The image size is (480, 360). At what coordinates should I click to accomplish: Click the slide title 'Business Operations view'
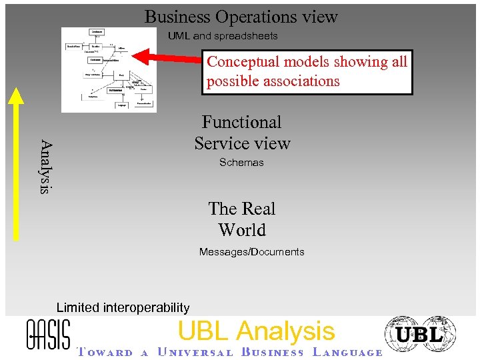click(x=241, y=17)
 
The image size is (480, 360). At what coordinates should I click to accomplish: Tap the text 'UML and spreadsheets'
click(x=223, y=35)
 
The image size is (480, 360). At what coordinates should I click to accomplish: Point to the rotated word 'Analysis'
click(x=45, y=166)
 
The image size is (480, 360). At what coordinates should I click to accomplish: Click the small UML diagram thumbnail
click(x=109, y=69)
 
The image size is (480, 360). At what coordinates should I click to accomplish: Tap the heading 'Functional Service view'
click(x=242, y=133)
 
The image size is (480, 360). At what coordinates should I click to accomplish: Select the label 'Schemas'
click(x=241, y=163)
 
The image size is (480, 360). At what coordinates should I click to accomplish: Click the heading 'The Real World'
click(x=241, y=219)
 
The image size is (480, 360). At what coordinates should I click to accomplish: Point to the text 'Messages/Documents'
click(x=251, y=252)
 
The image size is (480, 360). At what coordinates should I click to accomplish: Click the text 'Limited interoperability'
click(x=123, y=307)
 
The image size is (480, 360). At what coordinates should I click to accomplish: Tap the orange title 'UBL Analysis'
click(x=256, y=331)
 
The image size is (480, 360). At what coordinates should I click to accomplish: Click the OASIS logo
click(x=47, y=333)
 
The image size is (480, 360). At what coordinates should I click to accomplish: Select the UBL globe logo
click(x=420, y=334)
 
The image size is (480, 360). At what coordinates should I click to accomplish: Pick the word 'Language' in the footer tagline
click(x=347, y=353)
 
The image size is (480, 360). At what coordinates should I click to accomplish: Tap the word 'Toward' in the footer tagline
click(x=103, y=353)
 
